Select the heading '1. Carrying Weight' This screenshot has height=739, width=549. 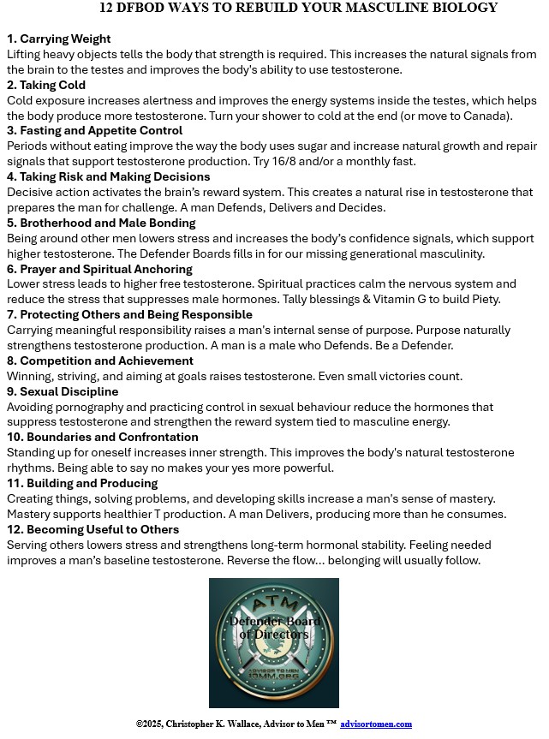[x=58, y=39]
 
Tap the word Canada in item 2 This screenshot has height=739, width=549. [x=485, y=116]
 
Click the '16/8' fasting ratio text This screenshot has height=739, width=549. [x=309, y=162]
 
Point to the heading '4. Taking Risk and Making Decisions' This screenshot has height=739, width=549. [x=108, y=177]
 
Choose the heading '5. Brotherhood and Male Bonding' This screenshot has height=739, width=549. [x=101, y=223]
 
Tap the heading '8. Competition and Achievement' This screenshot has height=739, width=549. [x=99, y=361]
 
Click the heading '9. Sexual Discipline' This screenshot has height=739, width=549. [x=63, y=391]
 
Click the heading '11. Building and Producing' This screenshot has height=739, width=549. [x=82, y=483]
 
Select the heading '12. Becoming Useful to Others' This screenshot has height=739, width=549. [x=93, y=529]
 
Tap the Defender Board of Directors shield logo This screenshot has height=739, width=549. [x=274, y=642]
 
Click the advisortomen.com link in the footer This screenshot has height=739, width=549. [x=376, y=724]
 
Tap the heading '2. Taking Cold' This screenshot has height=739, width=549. [x=46, y=85]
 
